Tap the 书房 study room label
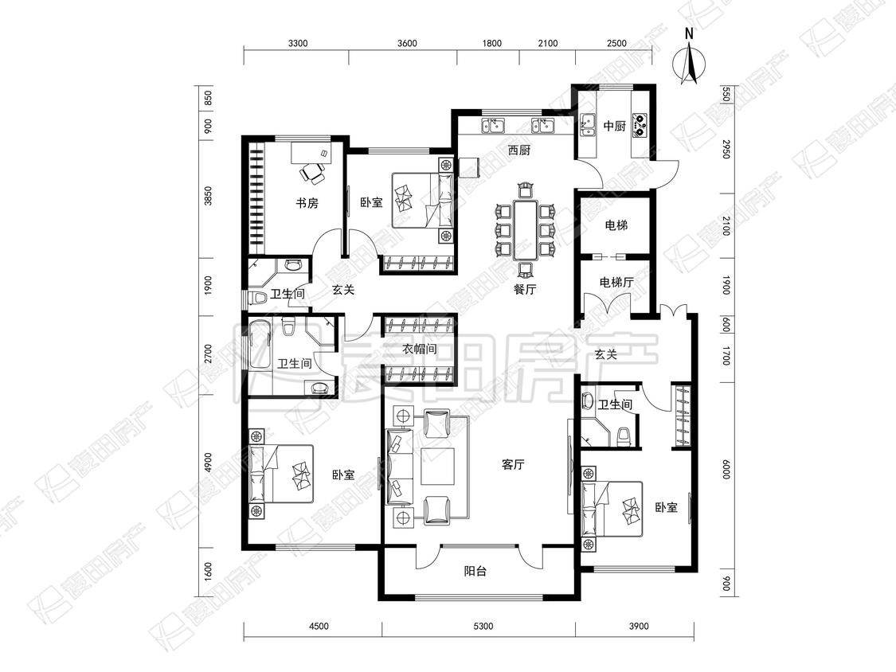tap(307, 203)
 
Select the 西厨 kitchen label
tap(519, 150)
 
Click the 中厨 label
tap(615, 126)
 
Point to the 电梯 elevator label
tap(616, 225)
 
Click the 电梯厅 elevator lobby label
tap(616, 283)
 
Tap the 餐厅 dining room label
tap(525, 289)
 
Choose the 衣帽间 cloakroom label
tap(420, 349)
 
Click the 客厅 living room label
tap(513, 464)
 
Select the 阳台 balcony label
tap(475, 570)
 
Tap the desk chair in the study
tap(312, 173)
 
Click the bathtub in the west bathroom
tap(260, 345)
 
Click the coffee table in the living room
tap(438, 467)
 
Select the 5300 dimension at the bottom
tap(483, 627)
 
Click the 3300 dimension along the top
tap(298, 44)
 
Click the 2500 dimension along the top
tap(616, 44)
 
